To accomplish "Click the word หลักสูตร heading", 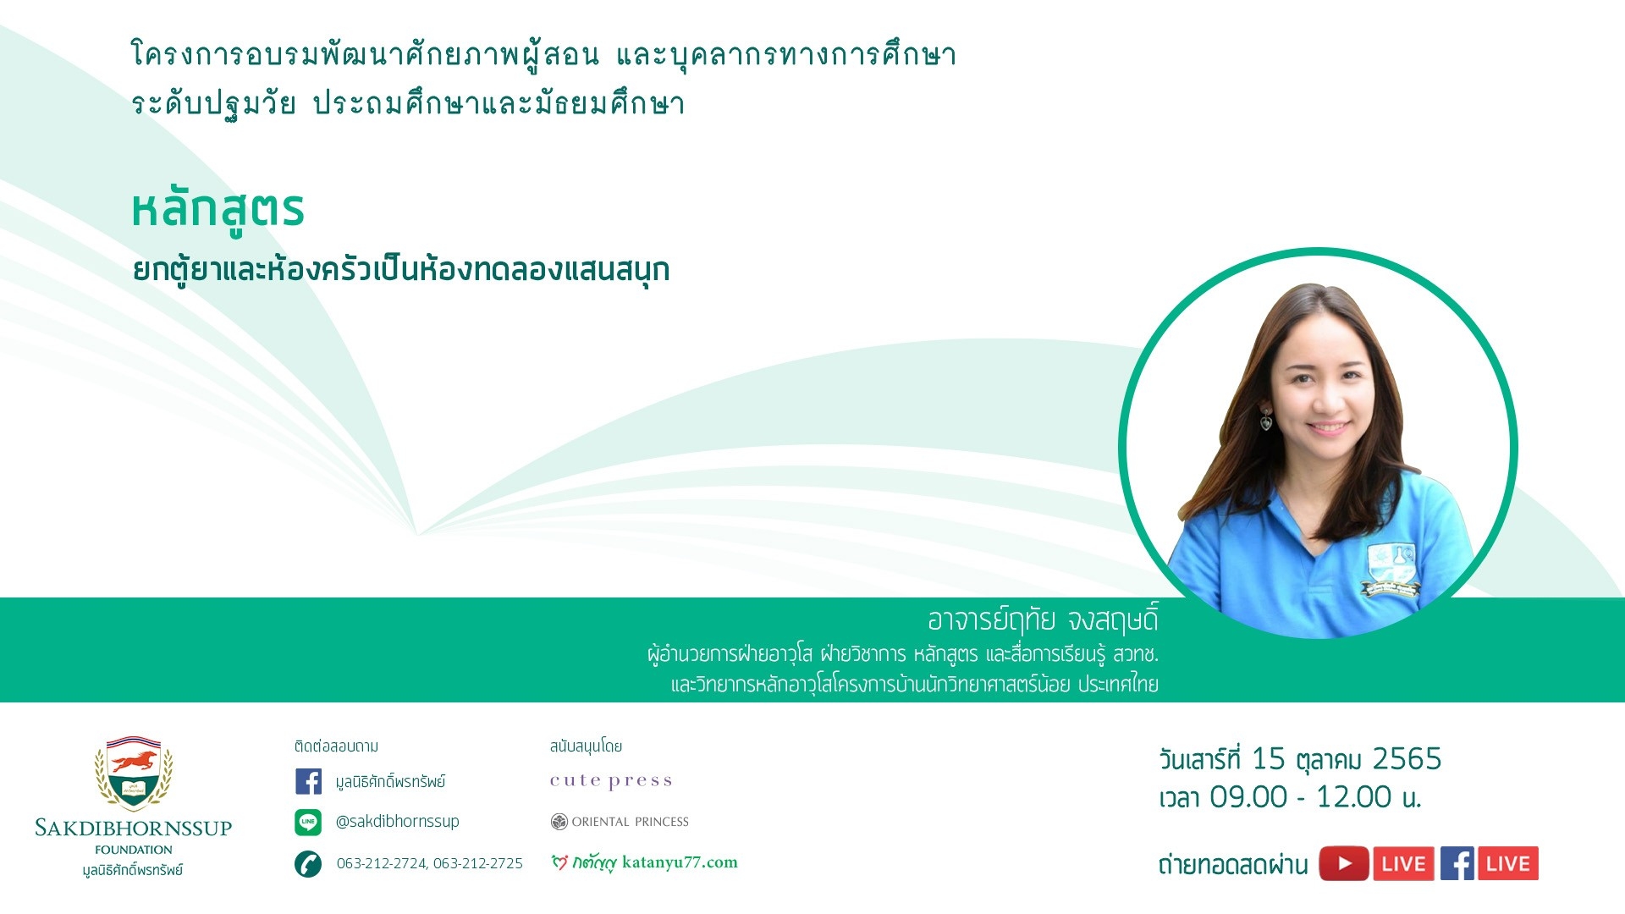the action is pyautogui.click(x=218, y=210).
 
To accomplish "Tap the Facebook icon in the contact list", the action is pyautogui.click(x=308, y=781).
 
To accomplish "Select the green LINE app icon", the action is pyautogui.click(x=308, y=822).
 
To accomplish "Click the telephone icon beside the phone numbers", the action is pyautogui.click(x=308, y=864).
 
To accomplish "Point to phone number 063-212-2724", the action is pyautogui.click(x=381, y=863).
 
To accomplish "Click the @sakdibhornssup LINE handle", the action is pyautogui.click(x=398, y=821).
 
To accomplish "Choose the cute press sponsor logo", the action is pyautogui.click(x=611, y=781).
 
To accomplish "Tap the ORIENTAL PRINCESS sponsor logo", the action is pyautogui.click(x=620, y=822).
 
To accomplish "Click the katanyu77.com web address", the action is pyautogui.click(x=680, y=862).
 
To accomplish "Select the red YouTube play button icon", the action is pyautogui.click(x=1344, y=864).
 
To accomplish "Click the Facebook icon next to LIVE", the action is pyautogui.click(x=1457, y=864).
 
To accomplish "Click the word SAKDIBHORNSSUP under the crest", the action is pyautogui.click(x=133, y=828).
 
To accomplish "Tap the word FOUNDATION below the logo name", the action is pyautogui.click(x=134, y=850).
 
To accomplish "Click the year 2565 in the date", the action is pyautogui.click(x=1407, y=759).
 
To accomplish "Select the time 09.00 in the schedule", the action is pyautogui.click(x=1248, y=797).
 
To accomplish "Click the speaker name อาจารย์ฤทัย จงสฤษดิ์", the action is pyautogui.click(x=1043, y=620).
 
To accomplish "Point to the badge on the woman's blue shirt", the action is pyautogui.click(x=1392, y=569).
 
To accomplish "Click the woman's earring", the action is pyautogui.click(x=1266, y=420).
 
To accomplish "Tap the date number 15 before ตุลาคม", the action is pyautogui.click(x=1268, y=759).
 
